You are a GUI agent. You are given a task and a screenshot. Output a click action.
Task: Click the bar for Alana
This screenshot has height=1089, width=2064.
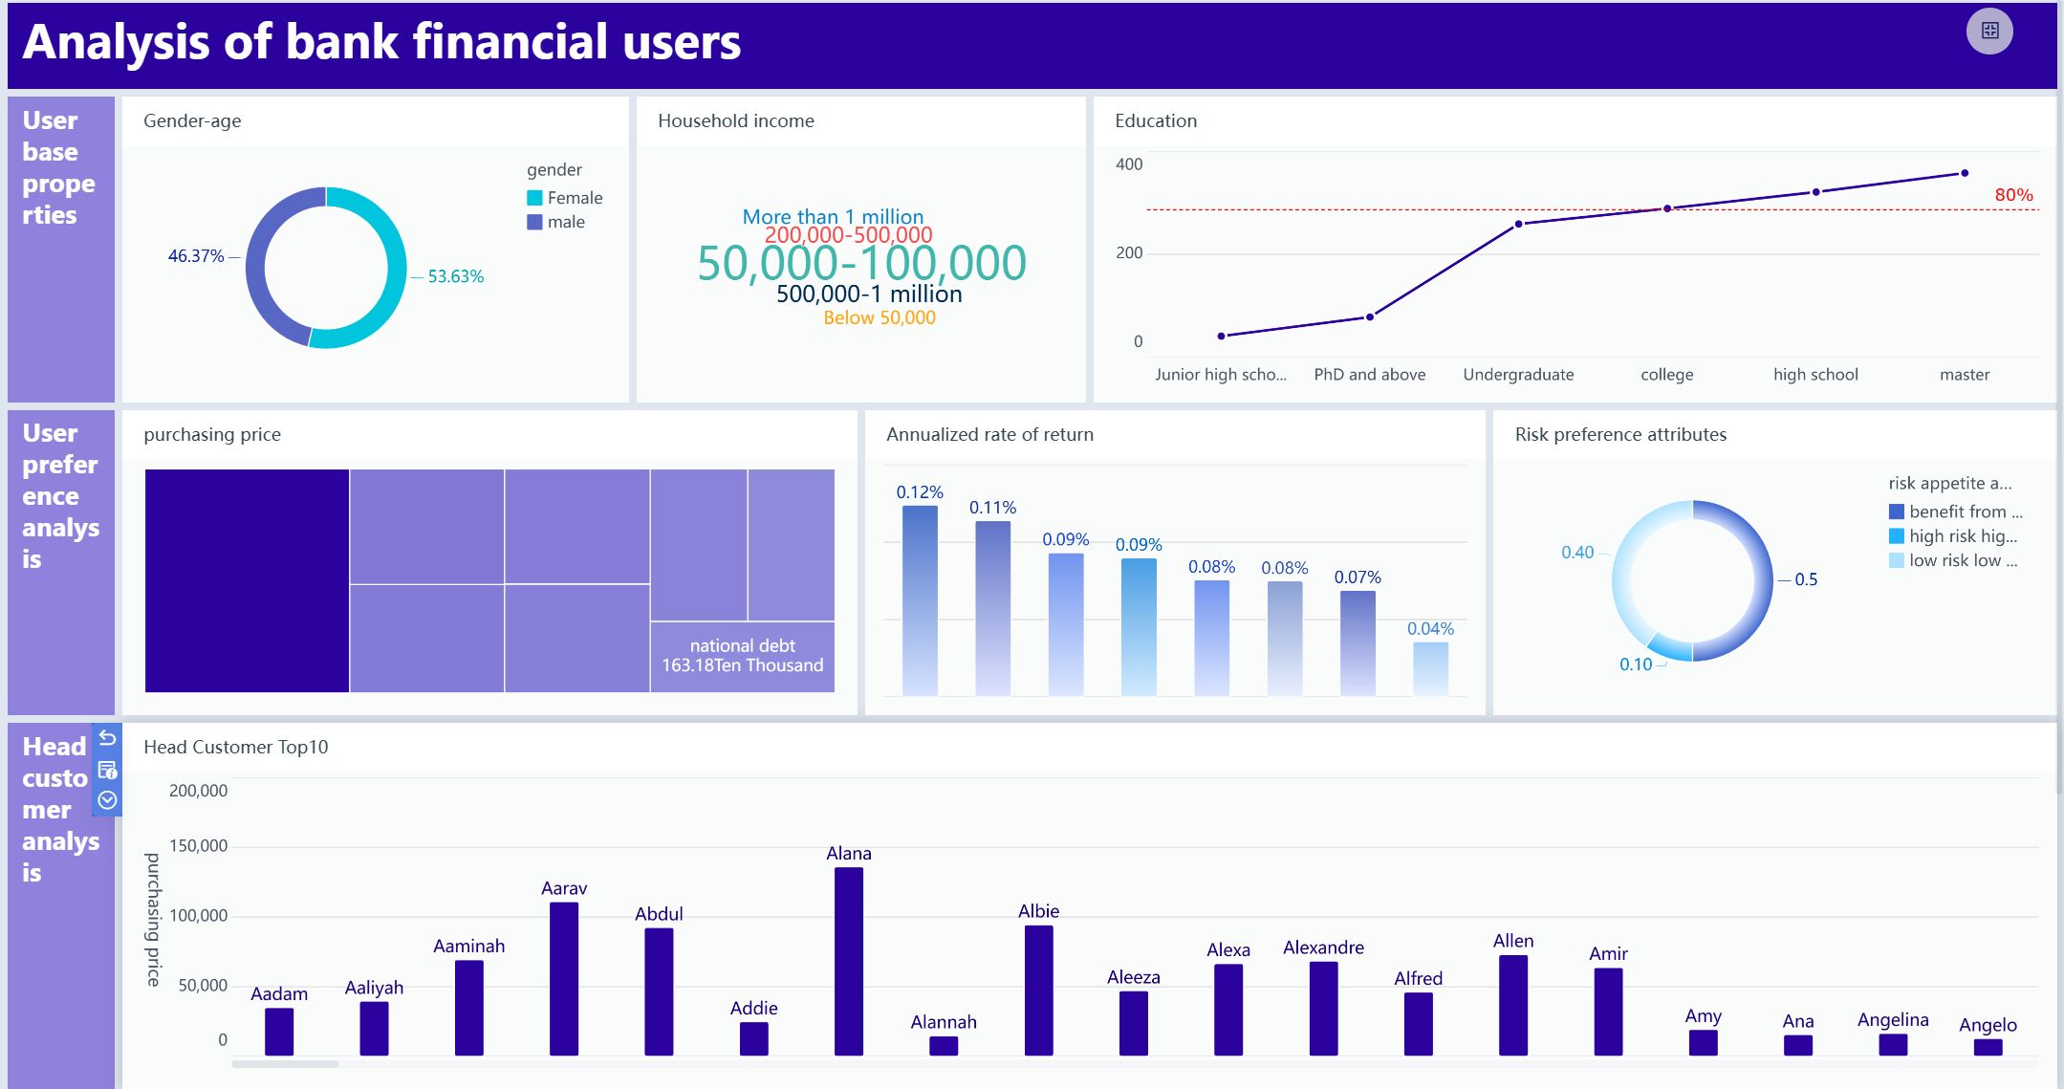[x=848, y=960]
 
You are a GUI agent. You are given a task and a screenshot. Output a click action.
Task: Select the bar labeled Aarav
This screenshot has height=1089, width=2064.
[x=564, y=977]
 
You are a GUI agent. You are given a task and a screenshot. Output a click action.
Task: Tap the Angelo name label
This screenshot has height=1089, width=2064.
[x=1988, y=1025]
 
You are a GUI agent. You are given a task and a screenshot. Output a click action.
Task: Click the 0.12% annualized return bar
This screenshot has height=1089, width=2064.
[x=920, y=599]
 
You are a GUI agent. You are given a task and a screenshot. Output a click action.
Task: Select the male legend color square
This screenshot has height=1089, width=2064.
[x=534, y=222]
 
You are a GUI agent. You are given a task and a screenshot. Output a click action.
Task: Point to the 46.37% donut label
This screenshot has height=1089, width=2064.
[x=195, y=256]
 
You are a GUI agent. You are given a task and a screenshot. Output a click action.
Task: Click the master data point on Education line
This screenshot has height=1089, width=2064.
[x=1965, y=173]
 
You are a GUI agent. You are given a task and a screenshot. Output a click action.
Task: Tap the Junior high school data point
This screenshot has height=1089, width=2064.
[x=1221, y=336]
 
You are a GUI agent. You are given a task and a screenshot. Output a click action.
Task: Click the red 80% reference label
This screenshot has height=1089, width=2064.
[x=2013, y=195]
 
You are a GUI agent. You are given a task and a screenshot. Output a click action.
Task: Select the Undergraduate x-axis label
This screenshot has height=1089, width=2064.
[x=1518, y=375]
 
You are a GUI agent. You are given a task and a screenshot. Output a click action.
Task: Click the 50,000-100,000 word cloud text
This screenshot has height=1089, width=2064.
[x=861, y=263]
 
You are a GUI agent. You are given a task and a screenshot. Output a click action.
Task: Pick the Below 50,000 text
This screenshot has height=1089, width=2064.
[x=880, y=318]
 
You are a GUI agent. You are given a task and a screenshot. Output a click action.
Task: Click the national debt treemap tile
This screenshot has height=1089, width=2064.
[x=743, y=656]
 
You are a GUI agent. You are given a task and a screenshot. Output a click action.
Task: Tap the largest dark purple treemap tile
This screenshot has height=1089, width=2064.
[x=247, y=580]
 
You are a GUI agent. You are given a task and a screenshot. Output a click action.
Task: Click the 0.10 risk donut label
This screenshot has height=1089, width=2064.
[x=1635, y=664]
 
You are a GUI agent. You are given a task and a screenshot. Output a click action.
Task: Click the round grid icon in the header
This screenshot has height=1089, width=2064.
[x=1989, y=31]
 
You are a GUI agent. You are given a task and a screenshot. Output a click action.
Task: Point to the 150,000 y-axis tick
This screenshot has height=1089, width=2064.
[x=198, y=846]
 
